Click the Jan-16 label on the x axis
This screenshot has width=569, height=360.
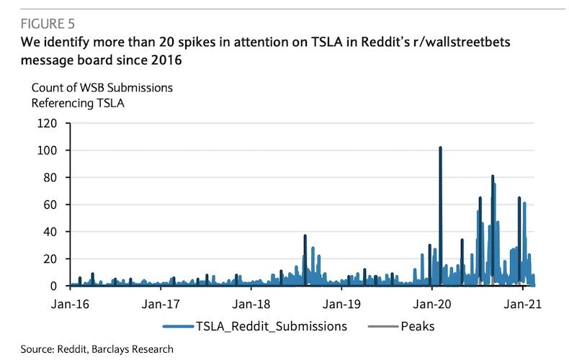(71, 303)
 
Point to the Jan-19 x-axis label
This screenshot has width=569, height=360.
(343, 303)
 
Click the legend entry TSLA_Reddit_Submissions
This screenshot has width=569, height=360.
(271, 326)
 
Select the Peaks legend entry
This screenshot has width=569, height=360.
(418, 326)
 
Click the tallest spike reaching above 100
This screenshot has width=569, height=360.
(440, 148)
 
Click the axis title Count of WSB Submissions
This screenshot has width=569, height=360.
(102, 88)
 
